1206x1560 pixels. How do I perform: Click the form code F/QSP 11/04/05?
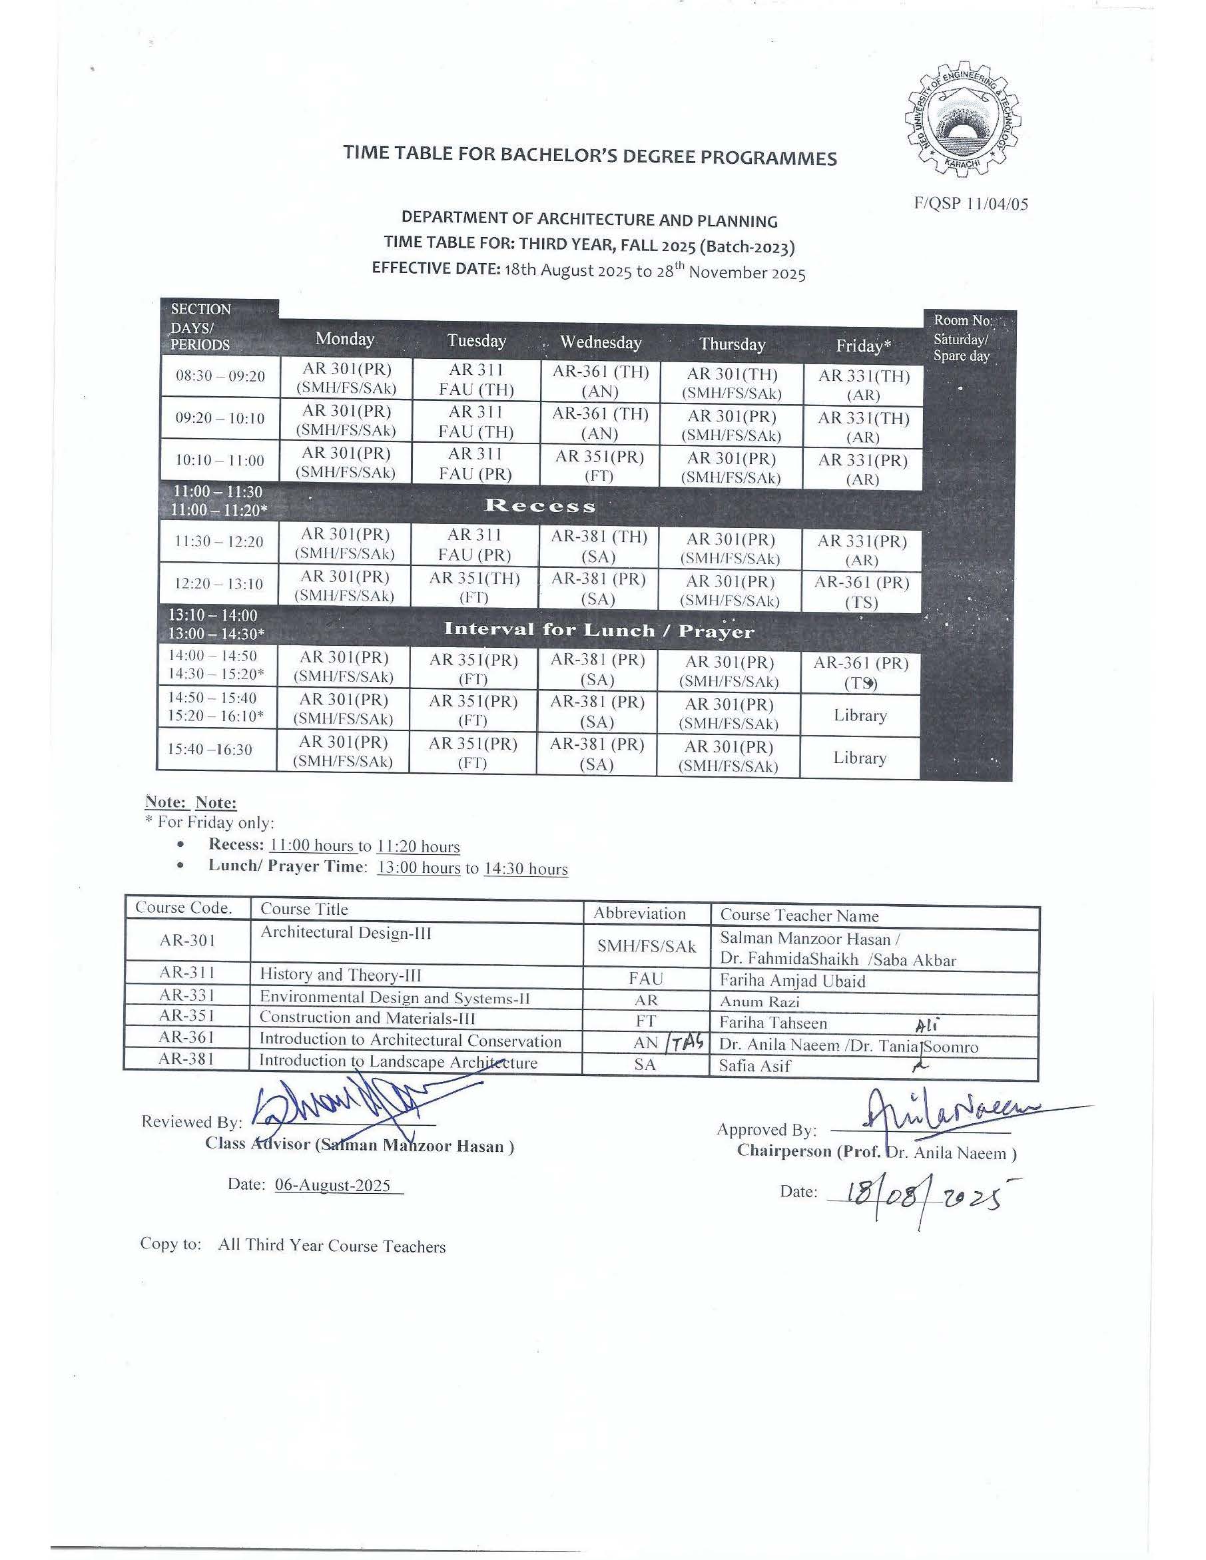(x=971, y=204)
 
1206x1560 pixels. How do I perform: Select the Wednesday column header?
(x=600, y=342)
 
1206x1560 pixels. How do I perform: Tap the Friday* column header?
(x=863, y=346)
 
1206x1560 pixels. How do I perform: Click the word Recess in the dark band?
(x=539, y=506)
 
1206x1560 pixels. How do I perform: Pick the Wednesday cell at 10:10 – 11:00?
(x=599, y=465)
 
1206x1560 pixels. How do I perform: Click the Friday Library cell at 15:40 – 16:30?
(x=860, y=758)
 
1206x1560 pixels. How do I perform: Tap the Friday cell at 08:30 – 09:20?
(x=863, y=385)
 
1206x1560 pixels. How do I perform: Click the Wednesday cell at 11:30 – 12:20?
(x=599, y=546)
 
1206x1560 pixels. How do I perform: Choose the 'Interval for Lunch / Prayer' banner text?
(x=599, y=630)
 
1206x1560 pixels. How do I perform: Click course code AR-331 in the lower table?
(x=187, y=995)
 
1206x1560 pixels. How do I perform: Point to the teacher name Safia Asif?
(x=755, y=1066)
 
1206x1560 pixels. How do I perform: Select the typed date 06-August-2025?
(x=333, y=1185)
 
